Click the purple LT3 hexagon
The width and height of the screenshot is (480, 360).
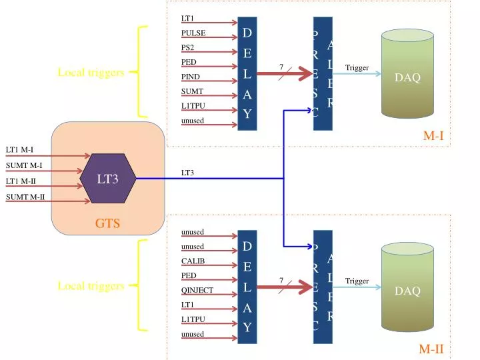click(108, 178)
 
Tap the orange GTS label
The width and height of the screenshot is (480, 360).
click(107, 223)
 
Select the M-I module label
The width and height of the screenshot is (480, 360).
click(433, 136)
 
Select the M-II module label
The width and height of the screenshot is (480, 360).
click(431, 348)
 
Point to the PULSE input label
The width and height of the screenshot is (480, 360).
click(193, 33)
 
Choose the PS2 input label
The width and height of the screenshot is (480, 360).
click(188, 47)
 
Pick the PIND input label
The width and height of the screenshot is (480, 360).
click(190, 77)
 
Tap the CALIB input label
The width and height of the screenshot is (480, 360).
click(193, 261)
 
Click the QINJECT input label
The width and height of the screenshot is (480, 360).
click(197, 290)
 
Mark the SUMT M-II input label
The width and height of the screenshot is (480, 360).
click(25, 197)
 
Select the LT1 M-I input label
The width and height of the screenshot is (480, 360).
click(19, 149)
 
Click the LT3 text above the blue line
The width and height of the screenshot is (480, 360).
click(188, 173)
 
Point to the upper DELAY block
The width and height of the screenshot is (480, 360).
click(247, 73)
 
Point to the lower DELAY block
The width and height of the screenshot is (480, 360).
click(247, 287)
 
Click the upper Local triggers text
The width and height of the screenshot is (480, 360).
click(91, 73)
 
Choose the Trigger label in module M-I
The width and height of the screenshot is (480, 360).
click(357, 67)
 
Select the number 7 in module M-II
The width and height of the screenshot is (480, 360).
click(281, 280)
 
